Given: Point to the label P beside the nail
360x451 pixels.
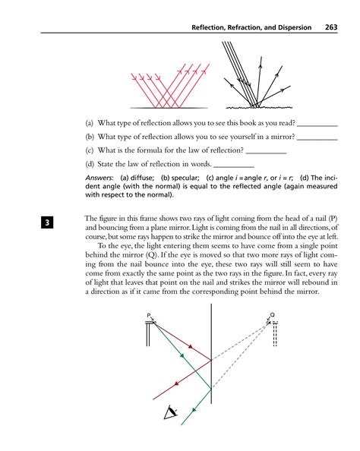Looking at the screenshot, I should pyautogui.click(x=151, y=315).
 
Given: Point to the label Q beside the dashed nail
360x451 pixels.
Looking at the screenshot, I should pyautogui.click(x=272, y=315).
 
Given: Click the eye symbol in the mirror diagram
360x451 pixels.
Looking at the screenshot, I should pyautogui.click(x=171, y=413).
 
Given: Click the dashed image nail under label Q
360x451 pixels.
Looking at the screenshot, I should pyautogui.click(x=274, y=334).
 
